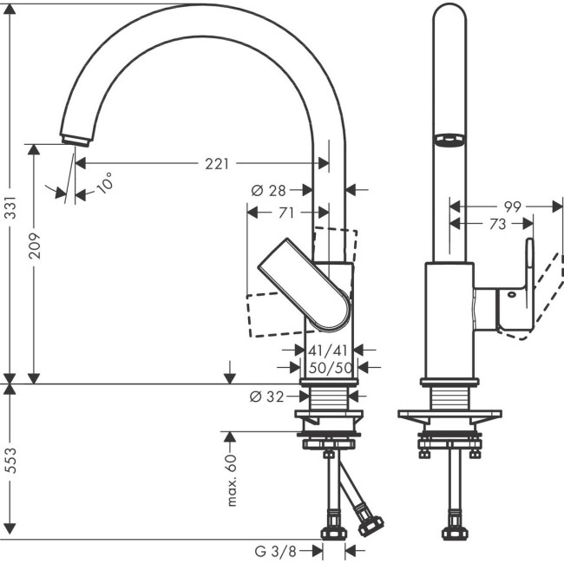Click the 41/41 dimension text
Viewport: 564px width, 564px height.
(329, 351)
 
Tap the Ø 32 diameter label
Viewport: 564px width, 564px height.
(267, 397)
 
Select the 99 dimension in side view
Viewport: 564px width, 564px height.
(511, 207)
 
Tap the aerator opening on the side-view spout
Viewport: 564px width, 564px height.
(449, 140)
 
